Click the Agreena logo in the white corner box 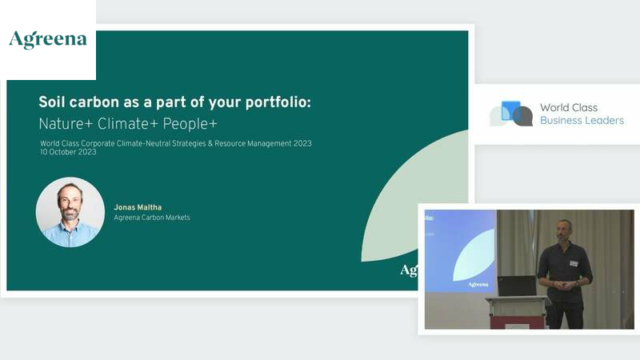pos(48,39)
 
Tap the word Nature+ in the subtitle pos(66,124)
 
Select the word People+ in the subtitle pos(190,124)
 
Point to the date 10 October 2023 pos(68,152)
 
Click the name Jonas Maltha pos(138,207)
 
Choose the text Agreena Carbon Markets pos(152,218)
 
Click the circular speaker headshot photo pos(70,212)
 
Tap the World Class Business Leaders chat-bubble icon pos(511,114)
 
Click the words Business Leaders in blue pos(582,121)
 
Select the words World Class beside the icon pos(569,107)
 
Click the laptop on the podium pos(517,286)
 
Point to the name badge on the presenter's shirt pos(574,263)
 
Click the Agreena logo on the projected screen pos(478,284)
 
